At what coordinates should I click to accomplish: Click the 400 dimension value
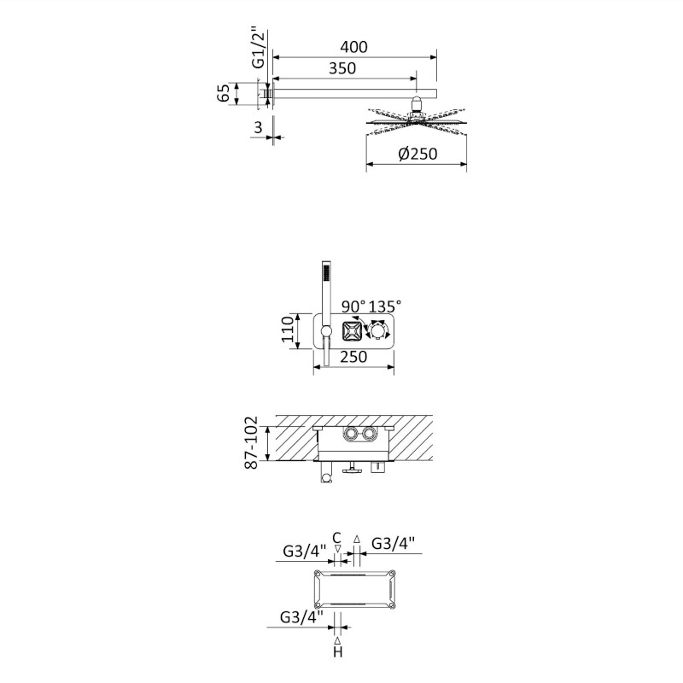pyautogui.click(x=353, y=47)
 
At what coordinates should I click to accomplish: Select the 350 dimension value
pyautogui.click(x=342, y=68)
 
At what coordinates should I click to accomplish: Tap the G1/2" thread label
pyautogui.click(x=259, y=49)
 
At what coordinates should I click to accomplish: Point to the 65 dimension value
pyautogui.click(x=223, y=93)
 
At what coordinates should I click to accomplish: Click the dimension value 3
pyautogui.click(x=259, y=127)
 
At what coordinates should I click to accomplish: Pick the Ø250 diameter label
pyautogui.click(x=417, y=154)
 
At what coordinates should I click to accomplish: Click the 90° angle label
pyautogui.click(x=353, y=306)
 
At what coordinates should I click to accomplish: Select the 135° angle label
pyautogui.click(x=385, y=306)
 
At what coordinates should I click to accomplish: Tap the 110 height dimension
pyautogui.click(x=288, y=330)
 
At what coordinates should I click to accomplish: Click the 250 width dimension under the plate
pyautogui.click(x=353, y=357)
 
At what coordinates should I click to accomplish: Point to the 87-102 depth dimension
pyautogui.click(x=251, y=442)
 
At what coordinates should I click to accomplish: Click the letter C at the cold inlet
pyautogui.click(x=336, y=538)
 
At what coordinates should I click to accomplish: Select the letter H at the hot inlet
pyautogui.click(x=337, y=652)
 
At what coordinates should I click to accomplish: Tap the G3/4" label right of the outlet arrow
pyautogui.click(x=393, y=543)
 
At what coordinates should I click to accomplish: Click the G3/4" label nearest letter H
pyautogui.click(x=301, y=616)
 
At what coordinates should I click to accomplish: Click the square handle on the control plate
pyautogui.click(x=352, y=332)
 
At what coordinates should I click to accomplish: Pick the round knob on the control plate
pyautogui.click(x=377, y=330)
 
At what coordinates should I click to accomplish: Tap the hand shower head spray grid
pyautogui.click(x=325, y=273)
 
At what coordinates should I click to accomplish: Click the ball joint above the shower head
pyautogui.click(x=417, y=104)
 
